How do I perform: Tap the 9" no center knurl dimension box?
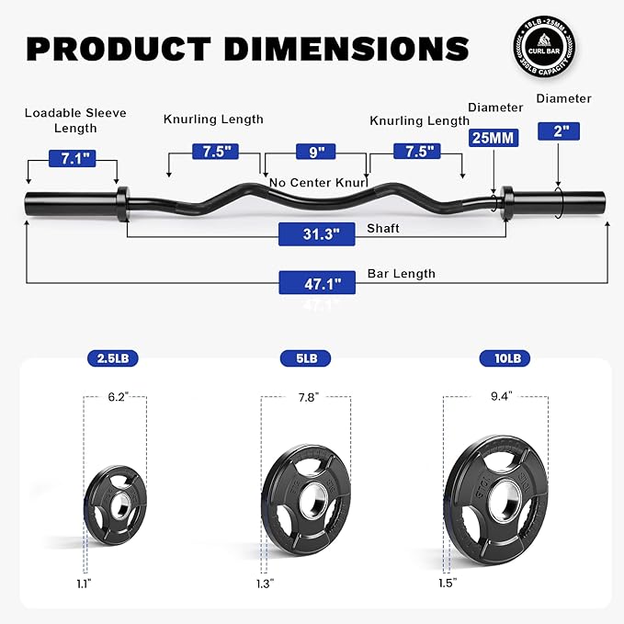315,152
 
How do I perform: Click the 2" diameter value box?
560,130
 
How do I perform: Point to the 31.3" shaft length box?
315,234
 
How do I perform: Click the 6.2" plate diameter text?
114,396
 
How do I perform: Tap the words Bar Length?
401,274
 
